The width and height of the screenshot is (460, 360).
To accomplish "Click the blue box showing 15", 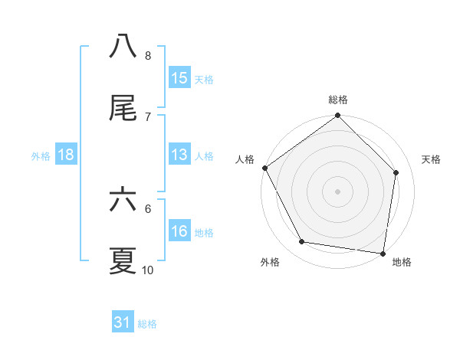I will pos(179,78).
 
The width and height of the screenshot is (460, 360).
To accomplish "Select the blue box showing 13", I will pos(179,155).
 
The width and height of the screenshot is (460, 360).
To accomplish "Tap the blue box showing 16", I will pos(179,231).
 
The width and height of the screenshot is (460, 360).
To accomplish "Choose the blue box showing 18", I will pos(66,155).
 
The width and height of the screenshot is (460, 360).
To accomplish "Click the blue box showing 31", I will pos(123,322).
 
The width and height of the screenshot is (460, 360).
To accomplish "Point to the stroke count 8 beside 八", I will pos(148,56).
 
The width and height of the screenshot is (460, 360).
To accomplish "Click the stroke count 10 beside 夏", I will pos(148,270).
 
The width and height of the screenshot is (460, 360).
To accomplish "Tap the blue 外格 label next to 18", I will pos(41,155).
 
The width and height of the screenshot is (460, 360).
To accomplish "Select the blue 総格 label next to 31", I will pos(147,323).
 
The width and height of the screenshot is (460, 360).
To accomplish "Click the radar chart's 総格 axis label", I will pos(338,100).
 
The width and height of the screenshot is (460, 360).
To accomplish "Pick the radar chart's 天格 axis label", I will pos(432,159).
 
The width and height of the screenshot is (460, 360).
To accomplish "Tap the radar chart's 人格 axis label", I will pos(245,159).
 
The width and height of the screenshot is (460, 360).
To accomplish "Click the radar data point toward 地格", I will pos(383,253).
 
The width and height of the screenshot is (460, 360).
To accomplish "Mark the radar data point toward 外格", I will pos(302,242).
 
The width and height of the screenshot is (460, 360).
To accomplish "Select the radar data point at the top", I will pos(338,116).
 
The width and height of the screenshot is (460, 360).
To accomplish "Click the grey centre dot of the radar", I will pos(338,191).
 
